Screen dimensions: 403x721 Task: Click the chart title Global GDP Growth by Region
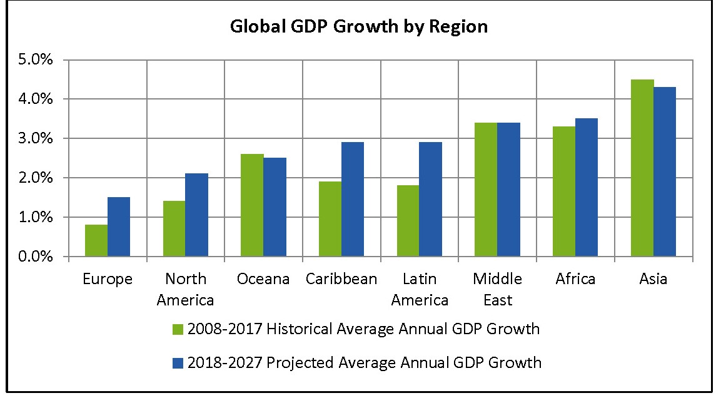[359, 28]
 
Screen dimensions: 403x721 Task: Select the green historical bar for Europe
[96, 241]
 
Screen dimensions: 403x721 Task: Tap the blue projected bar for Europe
[119, 227]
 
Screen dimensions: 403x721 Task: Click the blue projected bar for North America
[196, 215]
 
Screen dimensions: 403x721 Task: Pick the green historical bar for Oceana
[252, 205]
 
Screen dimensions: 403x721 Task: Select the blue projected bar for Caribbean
[353, 200]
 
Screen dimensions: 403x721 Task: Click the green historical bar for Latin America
[408, 221]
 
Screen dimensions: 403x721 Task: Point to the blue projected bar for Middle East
[508, 190]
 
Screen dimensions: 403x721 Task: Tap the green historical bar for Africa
[564, 191]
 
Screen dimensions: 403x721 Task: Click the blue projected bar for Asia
[665, 172]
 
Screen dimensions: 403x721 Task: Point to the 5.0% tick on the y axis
[36, 61]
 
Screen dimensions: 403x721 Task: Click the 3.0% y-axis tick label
[36, 139]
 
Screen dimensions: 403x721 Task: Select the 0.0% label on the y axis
[36, 257]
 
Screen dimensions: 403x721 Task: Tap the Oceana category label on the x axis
[263, 279]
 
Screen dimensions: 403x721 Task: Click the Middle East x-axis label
[497, 289]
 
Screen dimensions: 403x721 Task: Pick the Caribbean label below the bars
[341, 279]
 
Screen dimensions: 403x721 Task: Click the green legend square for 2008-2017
[178, 329]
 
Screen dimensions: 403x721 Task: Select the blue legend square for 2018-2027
[178, 363]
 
